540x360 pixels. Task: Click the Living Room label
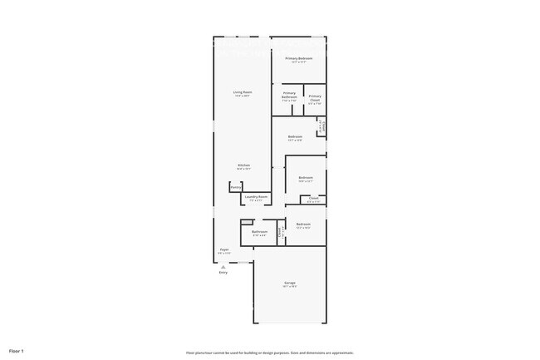pos(243,91)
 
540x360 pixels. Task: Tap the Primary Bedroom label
pos(299,58)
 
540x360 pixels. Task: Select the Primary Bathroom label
pos(289,95)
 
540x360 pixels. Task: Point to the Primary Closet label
pos(315,98)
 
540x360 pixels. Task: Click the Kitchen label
pos(243,165)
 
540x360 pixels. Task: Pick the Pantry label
pos(236,188)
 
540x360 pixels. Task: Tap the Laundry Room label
pos(256,197)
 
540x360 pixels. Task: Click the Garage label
pos(290,283)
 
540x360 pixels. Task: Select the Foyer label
pos(224,249)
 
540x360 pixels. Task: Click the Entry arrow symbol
pos(223,266)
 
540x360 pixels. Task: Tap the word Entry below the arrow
pos(223,273)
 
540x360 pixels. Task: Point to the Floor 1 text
pos(17,352)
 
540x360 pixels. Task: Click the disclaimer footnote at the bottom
pos(270,353)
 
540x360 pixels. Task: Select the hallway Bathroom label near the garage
pos(260,232)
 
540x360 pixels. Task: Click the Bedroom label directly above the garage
pos(303,224)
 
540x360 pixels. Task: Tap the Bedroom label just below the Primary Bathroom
pos(295,136)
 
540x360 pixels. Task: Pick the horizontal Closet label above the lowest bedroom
pos(313,198)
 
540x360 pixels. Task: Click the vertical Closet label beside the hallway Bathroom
pos(282,233)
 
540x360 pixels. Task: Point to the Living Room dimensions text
pos(243,96)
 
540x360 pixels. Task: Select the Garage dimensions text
pos(290,287)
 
